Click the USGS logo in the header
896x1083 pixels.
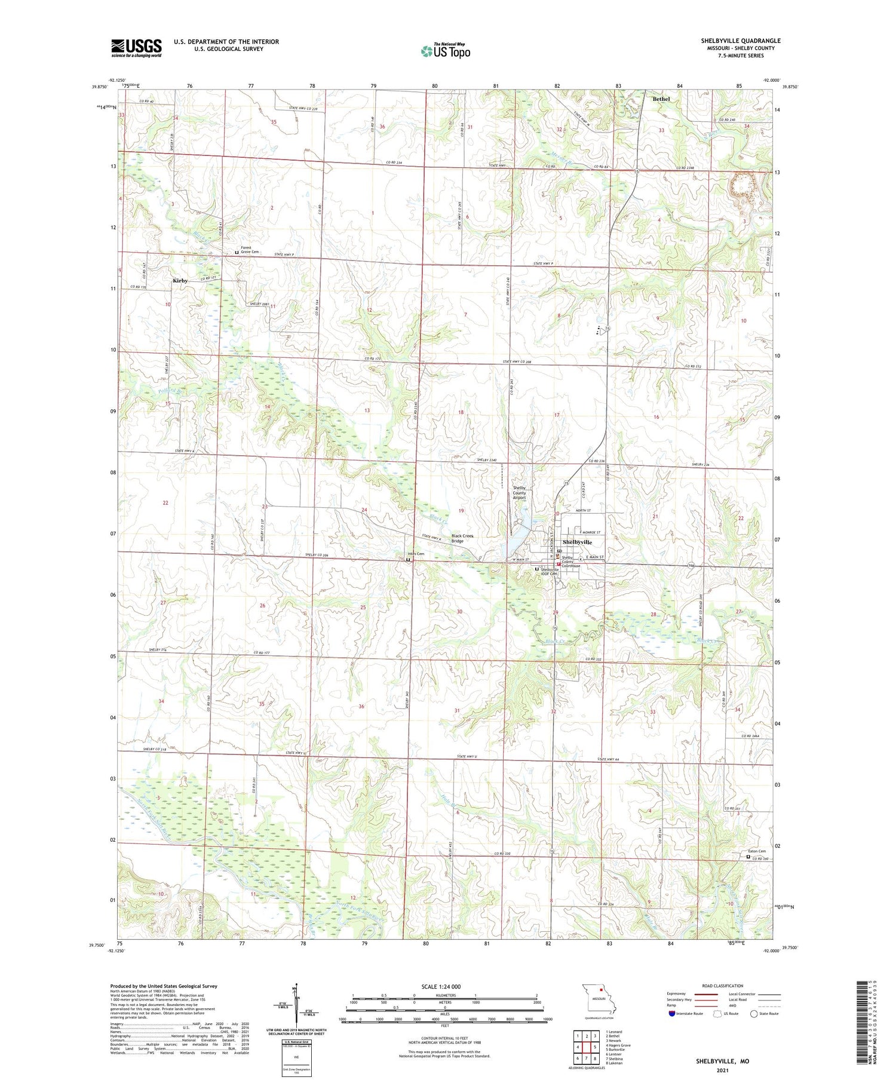coord(136,48)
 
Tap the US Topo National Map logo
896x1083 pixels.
coord(445,51)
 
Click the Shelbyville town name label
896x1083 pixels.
coord(577,542)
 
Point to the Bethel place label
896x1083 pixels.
coord(661,99)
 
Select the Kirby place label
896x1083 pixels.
coord(180,281)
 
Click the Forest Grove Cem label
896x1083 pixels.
coord(250,250)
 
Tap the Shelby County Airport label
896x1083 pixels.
coord(520,493)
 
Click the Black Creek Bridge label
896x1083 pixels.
coord(462,538)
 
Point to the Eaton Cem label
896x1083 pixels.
coord(757,851)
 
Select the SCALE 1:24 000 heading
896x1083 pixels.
coord(441,986)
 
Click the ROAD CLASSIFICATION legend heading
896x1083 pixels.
coord(723,986)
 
